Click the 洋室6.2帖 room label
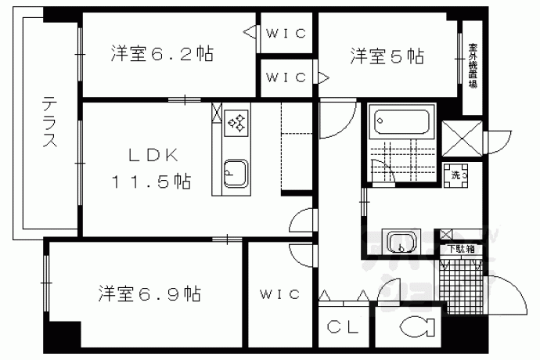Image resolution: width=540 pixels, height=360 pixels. click(162, 55)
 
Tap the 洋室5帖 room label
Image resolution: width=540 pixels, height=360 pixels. click(387, 56)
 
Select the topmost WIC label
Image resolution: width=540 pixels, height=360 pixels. click(286, 34)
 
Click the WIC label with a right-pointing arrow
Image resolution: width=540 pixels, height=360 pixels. click(286, 77)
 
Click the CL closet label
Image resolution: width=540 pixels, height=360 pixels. click(344, 327)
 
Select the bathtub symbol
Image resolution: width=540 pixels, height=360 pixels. click(402, 122)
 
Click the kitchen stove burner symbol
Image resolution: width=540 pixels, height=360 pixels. click(236, 121)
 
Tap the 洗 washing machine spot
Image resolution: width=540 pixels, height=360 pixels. click(459, 174)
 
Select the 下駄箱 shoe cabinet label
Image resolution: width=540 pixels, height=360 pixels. click(460, 250)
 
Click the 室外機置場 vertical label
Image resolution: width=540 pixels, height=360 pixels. click(473, 66)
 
